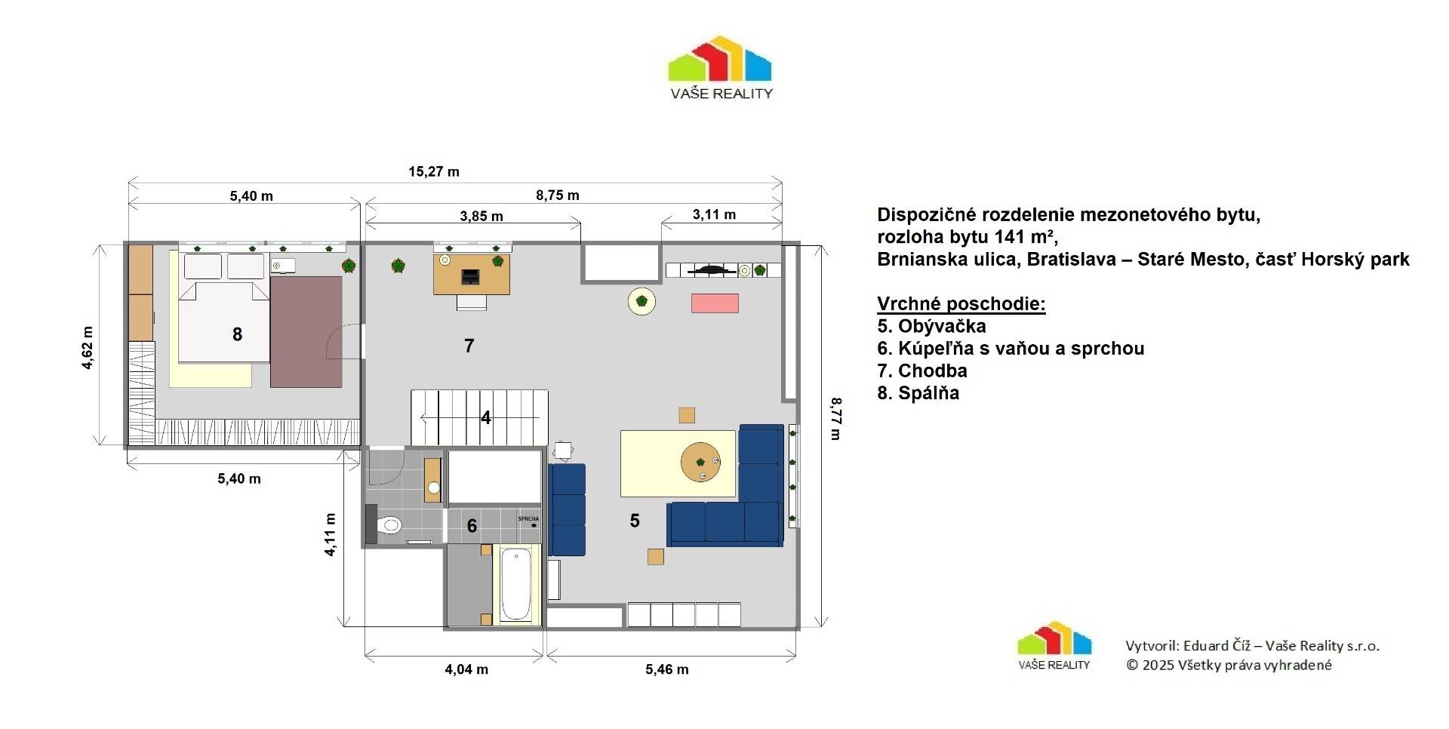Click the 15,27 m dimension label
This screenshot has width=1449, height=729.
[434, 171]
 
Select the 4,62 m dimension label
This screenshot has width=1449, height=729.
[88, 348]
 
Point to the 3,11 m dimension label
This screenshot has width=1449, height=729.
[714, 214]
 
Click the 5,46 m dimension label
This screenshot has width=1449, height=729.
[667, 669]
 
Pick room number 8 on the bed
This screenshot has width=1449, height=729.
[237, 334]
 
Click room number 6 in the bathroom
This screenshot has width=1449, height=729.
[472, 526]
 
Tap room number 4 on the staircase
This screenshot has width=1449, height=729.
[486, 417]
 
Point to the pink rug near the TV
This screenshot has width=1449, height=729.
[715, 303]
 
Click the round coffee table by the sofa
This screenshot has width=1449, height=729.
[700, 462]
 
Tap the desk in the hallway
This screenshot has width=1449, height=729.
[472, 275]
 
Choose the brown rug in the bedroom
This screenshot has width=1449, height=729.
[306, 332]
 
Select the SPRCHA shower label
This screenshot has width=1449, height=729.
[528, 518]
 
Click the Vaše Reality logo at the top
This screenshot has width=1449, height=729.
[721, 68]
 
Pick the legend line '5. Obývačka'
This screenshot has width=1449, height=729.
[931, 326]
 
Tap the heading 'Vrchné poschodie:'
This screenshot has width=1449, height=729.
[961, 304]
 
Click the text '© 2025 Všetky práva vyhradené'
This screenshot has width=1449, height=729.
[1229, 665]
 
